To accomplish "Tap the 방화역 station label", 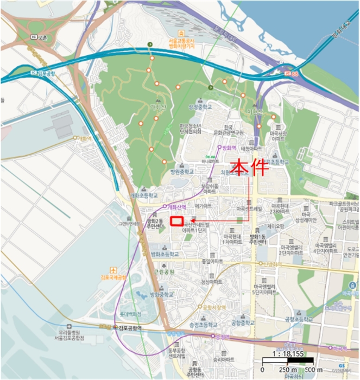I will click(x=230, y=148).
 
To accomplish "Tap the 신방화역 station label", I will click(x=273, y=264).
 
